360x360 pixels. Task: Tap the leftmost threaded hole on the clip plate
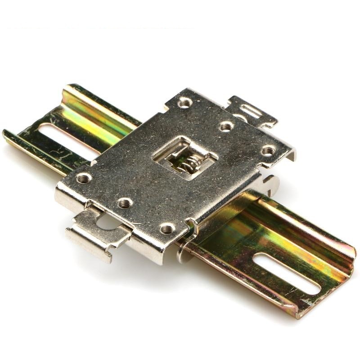pos(84,178)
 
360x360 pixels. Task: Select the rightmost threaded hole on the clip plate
pos(268,151)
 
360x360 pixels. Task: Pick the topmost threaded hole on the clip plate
pos(184,103)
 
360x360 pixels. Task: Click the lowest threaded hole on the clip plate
pos(167,229)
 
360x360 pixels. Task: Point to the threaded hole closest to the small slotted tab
pos(226,126)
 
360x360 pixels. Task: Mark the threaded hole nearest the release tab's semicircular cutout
pos(126,203)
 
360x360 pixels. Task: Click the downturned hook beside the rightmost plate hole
pos(291,155)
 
